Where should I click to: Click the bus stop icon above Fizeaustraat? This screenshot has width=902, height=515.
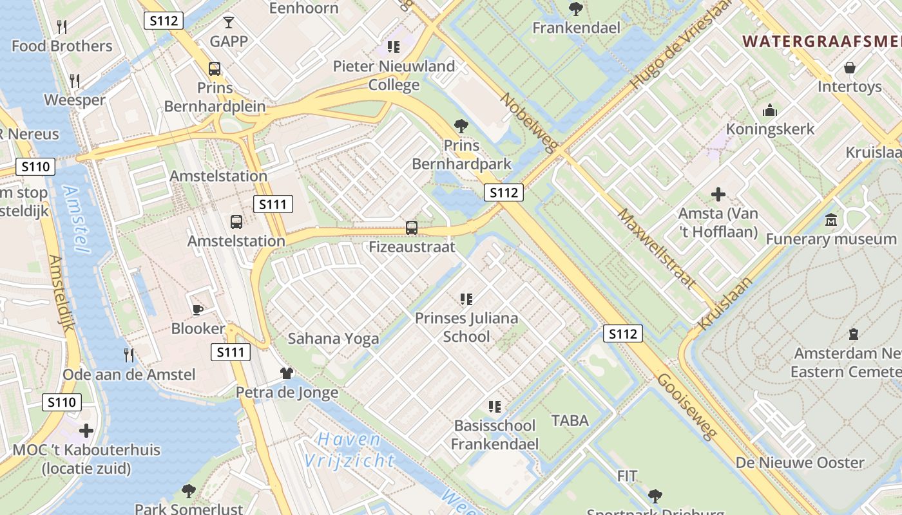click(411, 227)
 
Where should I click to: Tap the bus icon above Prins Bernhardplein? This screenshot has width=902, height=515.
click(214, 68)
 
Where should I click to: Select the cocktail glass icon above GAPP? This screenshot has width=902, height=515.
click(229, 23)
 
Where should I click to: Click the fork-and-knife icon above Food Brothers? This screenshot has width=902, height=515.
click(62, 27)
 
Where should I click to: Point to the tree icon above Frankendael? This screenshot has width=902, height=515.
click(576, 9)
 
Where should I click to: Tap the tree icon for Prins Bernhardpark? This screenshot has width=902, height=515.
click(461, 126)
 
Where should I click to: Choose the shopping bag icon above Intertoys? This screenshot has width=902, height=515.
click(850, 68)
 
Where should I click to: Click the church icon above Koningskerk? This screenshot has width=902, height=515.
click(770, 111)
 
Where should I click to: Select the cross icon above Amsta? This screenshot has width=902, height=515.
click(718, 194)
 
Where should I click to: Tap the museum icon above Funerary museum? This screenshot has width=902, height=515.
click(831, 220)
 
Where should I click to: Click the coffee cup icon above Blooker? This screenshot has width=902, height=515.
click(198, 310)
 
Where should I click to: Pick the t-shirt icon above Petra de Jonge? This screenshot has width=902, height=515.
click(287, 373)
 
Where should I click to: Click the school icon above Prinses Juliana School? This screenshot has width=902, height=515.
click(466, 299)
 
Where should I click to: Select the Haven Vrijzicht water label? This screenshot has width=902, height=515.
click(350, 450)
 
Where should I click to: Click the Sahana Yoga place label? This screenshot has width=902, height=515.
click(333, 339)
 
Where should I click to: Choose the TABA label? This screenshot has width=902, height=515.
click(570, 421)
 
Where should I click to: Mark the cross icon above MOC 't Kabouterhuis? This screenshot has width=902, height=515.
click(86, 431)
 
